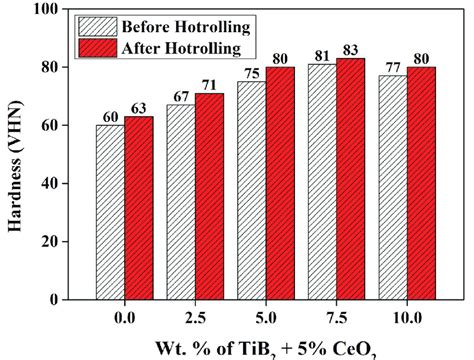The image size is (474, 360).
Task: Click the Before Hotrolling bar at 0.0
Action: [110, 212]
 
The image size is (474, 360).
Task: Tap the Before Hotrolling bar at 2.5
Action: [181, 202]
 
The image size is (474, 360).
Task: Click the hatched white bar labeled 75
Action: [252, 190]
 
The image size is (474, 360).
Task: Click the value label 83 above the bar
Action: [351, 50]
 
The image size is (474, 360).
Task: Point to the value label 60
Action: [110, 116]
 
